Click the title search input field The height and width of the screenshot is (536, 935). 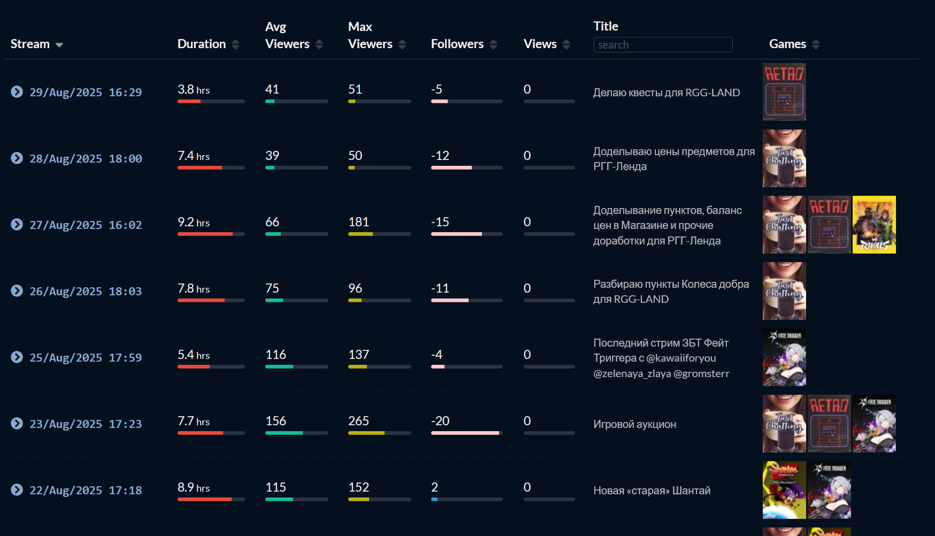coord(663,45)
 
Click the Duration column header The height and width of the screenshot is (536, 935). coord(202,44)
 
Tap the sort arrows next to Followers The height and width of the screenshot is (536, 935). coord(493,44)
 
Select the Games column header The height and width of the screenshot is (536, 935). coord(787,44)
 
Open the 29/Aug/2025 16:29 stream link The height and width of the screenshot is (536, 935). coord(86,93)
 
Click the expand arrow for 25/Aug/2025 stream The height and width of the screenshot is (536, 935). coord(17,357)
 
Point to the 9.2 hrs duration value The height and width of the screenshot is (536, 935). coord(194,222)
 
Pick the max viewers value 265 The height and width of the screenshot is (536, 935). coord(358,421)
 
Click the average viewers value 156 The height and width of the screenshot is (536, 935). coord(275,421)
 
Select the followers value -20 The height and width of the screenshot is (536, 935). coord(440,421)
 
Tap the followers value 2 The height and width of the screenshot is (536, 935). coord(434,487)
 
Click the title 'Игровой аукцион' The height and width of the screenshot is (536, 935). coord(634,424)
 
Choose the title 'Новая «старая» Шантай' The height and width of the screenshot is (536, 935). coord(652,491)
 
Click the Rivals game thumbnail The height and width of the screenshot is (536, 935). coord(874,225)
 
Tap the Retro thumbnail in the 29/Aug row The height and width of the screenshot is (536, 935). coord(784,92)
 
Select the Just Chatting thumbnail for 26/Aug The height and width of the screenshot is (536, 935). coord(784,291)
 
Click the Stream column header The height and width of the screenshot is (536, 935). coord(30,44)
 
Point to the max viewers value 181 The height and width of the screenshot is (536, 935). coord(358,222)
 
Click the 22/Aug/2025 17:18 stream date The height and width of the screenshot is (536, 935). coord(86,491)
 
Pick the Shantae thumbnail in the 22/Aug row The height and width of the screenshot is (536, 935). coord(784,490)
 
